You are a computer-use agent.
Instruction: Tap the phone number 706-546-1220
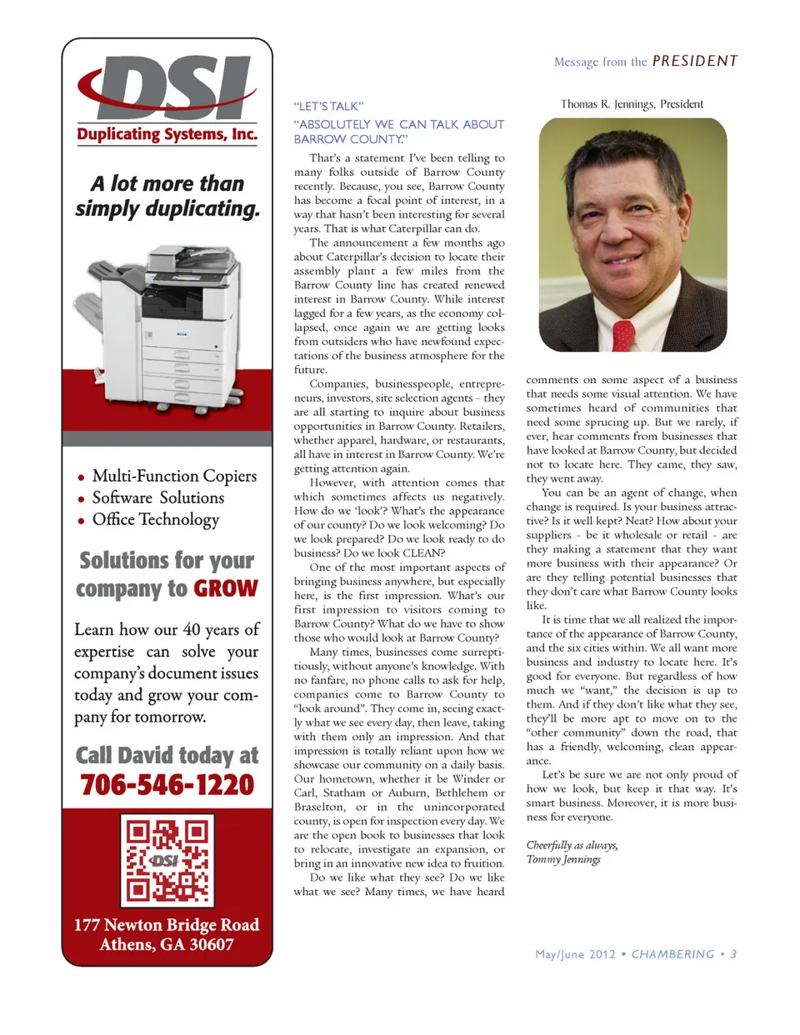click(x=167, y=785)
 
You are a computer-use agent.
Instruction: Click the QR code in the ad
click(x=167, y=861)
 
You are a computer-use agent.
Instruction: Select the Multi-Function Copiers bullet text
click(x=174, y=476)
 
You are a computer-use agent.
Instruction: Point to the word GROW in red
click(x=226, y=589)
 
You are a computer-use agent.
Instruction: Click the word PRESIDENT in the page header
click(x=695, y=61)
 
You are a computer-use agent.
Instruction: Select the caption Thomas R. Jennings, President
click(x=632, y=104)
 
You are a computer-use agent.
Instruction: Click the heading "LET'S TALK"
click(x=328, y=107)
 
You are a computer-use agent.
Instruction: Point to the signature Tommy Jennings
click(x=563, y=859)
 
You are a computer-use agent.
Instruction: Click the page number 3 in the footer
click(x=733, y=954)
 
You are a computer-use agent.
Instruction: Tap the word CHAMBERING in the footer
click(x=672, y=954)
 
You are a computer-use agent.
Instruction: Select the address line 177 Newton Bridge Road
click(x=167, y=925)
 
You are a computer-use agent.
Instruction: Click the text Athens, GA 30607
click(x=167, y=945)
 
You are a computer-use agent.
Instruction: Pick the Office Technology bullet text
click(x=156, y=519)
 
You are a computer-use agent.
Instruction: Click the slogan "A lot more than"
click(x=167, y=183)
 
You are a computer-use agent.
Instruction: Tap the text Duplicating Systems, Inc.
click(x=167, y=135)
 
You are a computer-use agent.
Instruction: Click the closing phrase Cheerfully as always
click(x=572, y=845)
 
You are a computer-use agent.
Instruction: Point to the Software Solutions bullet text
click(x=158, y=497)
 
